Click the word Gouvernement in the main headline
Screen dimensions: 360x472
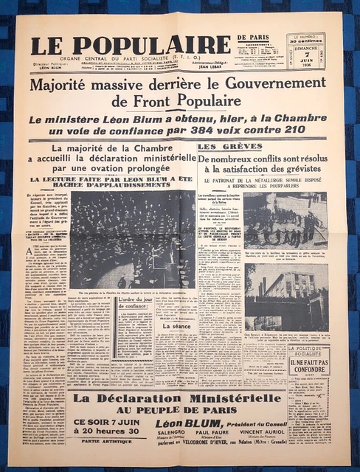pyautogui.click(x=265, y=86)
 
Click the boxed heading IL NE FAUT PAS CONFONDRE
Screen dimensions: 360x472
pyautogui.click(x=308, y=365)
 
